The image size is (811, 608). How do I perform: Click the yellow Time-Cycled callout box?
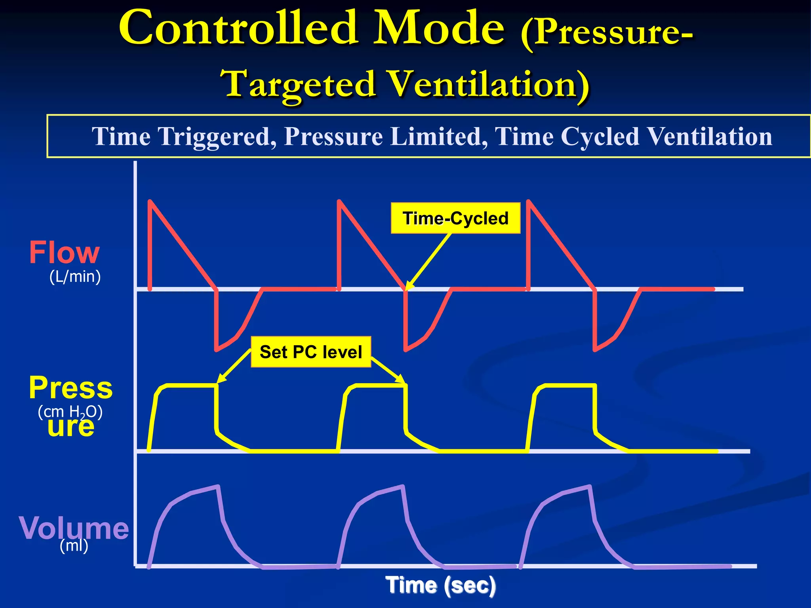coord(455,218)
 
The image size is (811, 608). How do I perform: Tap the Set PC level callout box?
coord(311,352)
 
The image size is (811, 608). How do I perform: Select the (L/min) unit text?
coord(75,276)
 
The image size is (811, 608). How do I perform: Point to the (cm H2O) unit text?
coord(70,412)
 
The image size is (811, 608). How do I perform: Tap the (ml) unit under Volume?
coord(74,546)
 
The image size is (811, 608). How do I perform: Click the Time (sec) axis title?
coord(440,585)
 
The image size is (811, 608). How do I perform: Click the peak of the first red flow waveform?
coord(150,201)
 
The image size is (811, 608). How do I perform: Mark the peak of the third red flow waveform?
coord(529,201)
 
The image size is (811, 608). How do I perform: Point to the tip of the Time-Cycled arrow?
coord(407,290)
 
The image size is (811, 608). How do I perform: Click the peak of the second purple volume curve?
coord(403,486)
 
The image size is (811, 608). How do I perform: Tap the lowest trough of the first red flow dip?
coord(216,350)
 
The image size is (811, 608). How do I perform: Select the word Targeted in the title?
coord(299,84)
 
